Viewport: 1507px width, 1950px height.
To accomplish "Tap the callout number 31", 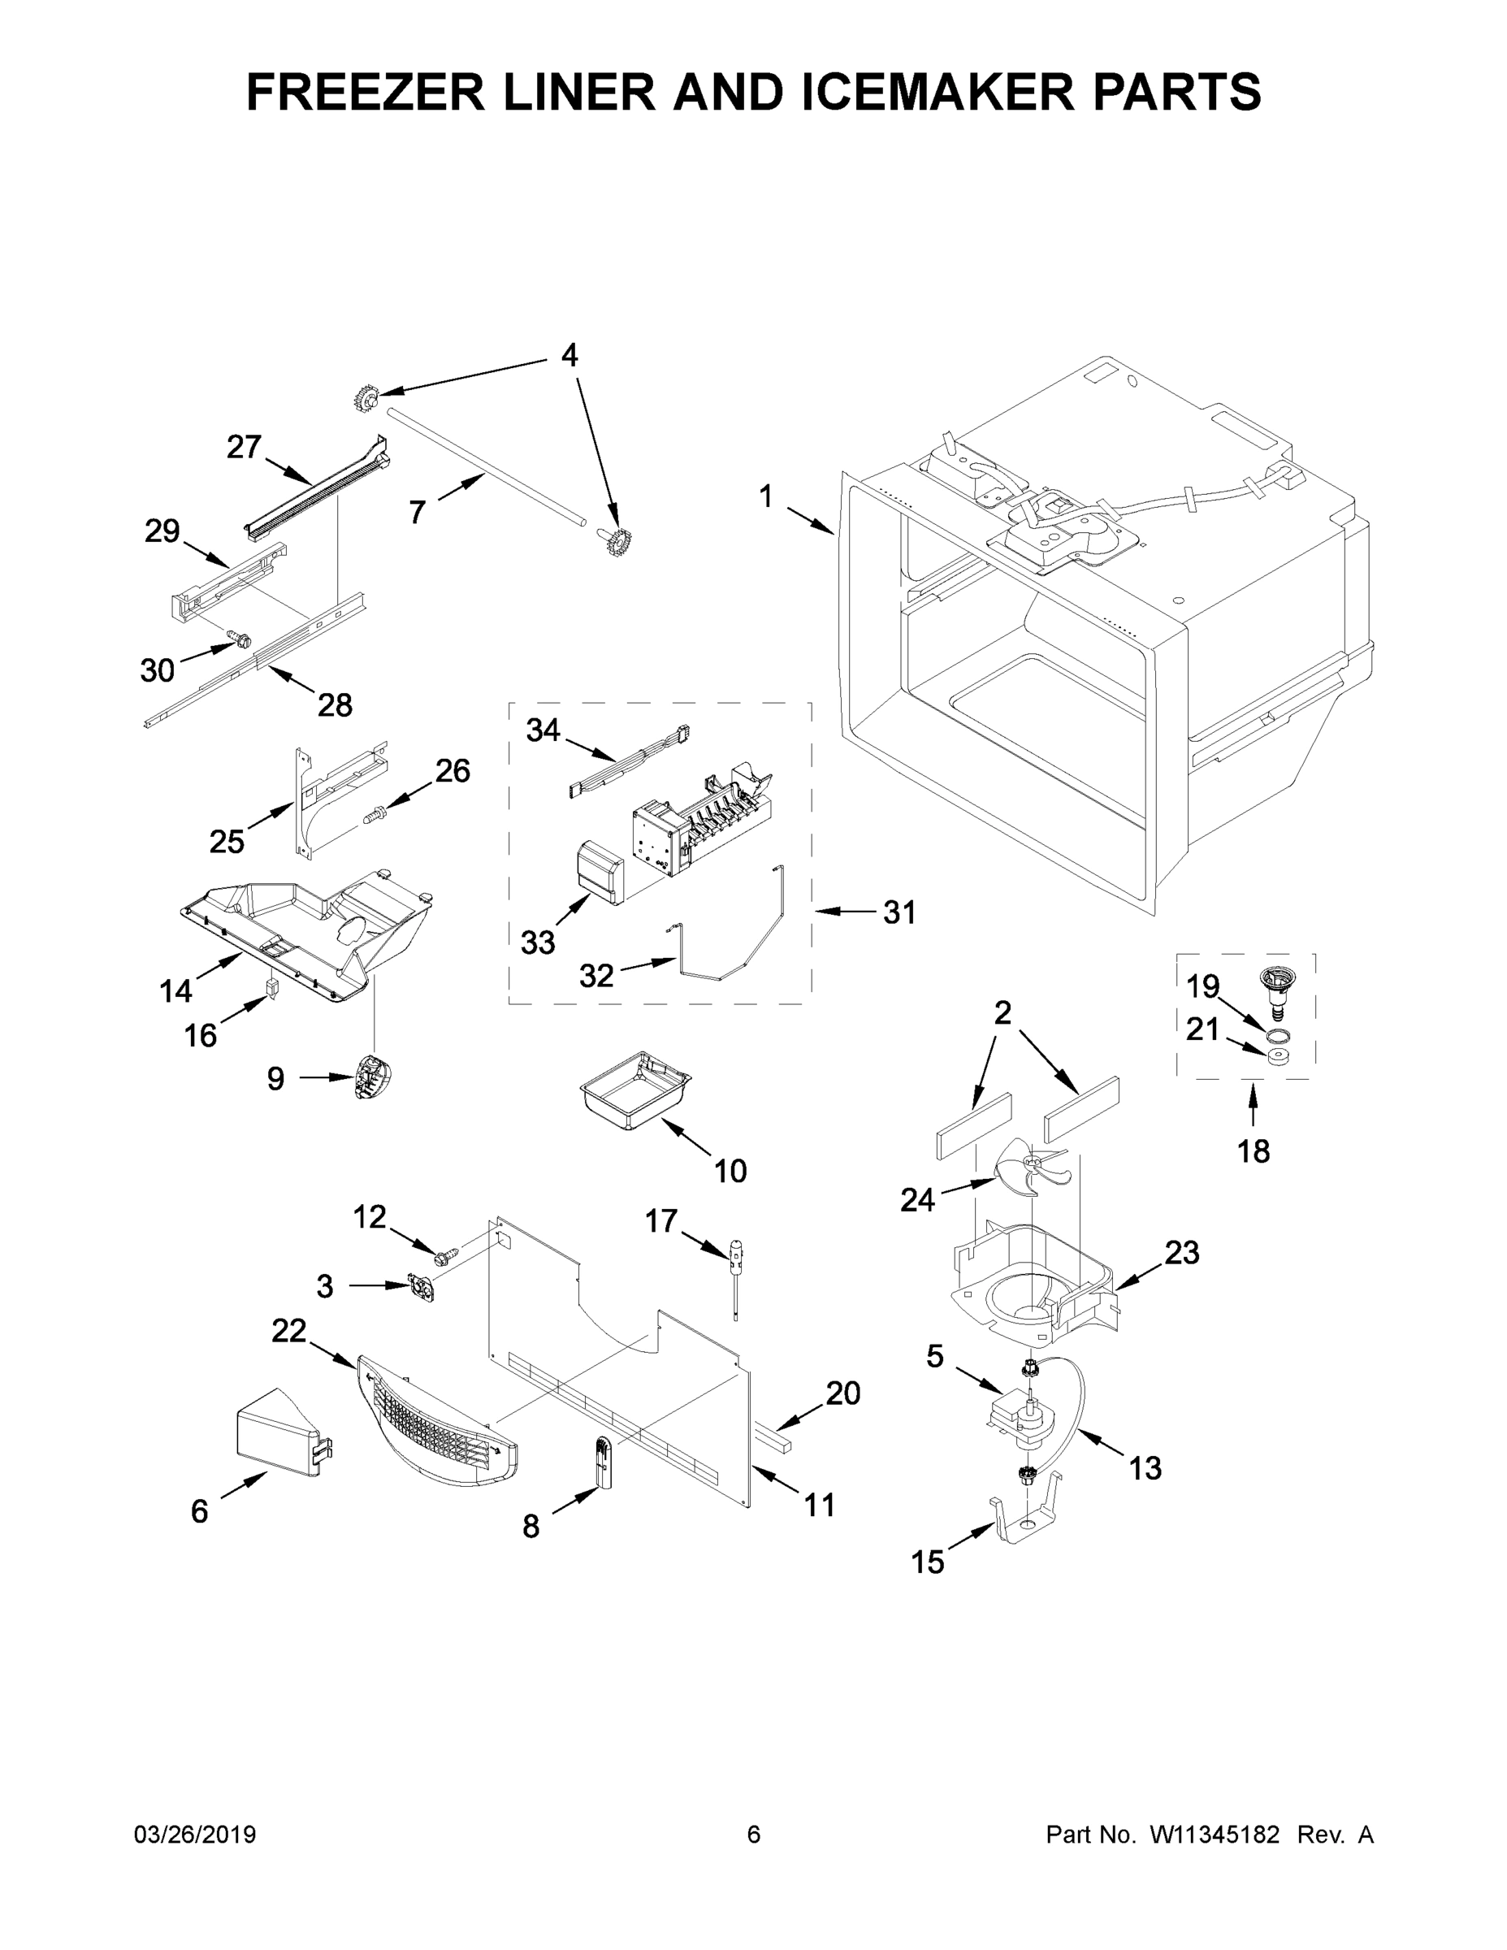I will [x=900, y=912].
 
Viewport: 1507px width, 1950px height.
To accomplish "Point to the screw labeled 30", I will [x=240, y=639].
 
